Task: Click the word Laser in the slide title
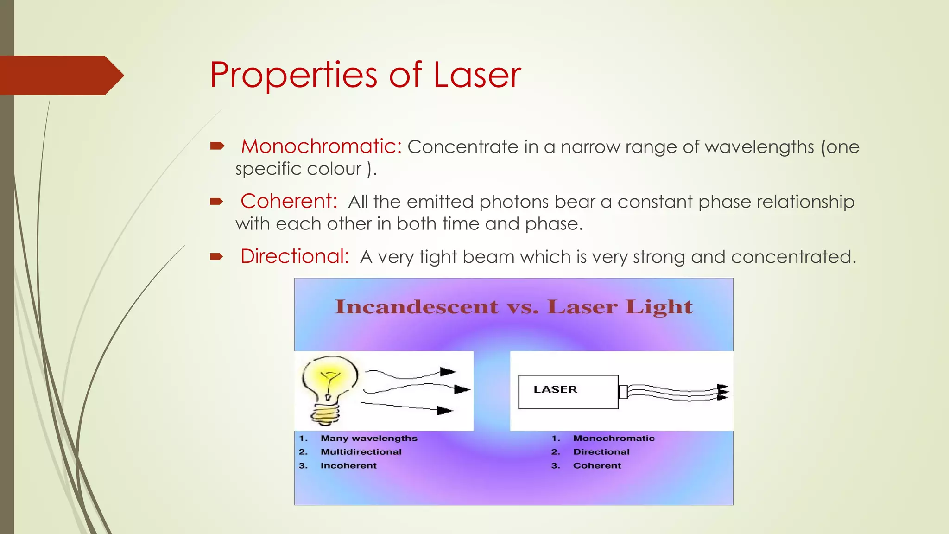coord(477,75)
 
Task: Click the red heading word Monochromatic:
coord(321,146)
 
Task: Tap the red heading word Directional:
coord(295,256)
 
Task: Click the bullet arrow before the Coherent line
coord(216,202)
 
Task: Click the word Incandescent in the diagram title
coord(416,307)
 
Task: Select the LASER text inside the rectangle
coord(555,389)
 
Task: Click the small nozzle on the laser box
coord(623,392)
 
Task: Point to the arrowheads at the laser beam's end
coord(722,392)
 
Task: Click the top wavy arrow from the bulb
coord(410,374)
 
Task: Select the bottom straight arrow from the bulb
coord(407,407)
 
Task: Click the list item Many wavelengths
coord(369,438)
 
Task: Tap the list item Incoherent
coord(348,465)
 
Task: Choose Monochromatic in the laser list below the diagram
coord(614,438)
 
